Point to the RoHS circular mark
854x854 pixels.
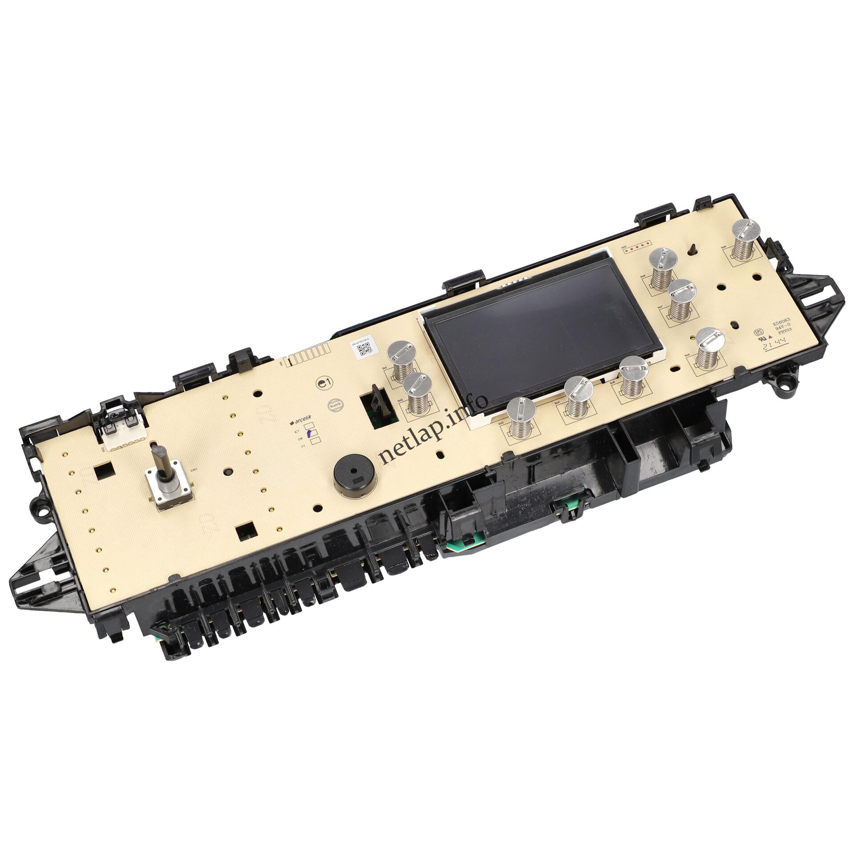click(334, 405)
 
